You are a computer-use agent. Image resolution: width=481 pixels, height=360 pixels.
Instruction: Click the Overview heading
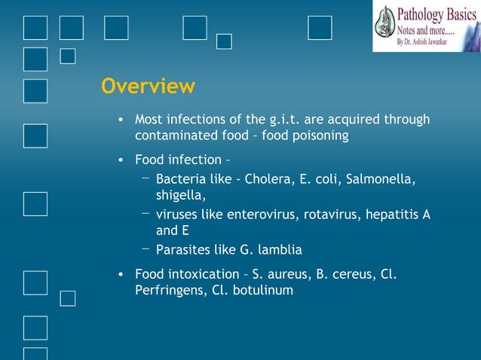tap(148, 87)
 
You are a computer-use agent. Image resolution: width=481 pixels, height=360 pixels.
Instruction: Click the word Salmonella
tap(381, 179)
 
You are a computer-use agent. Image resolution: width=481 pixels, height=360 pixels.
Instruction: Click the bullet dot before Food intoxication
tap(121, 274)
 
